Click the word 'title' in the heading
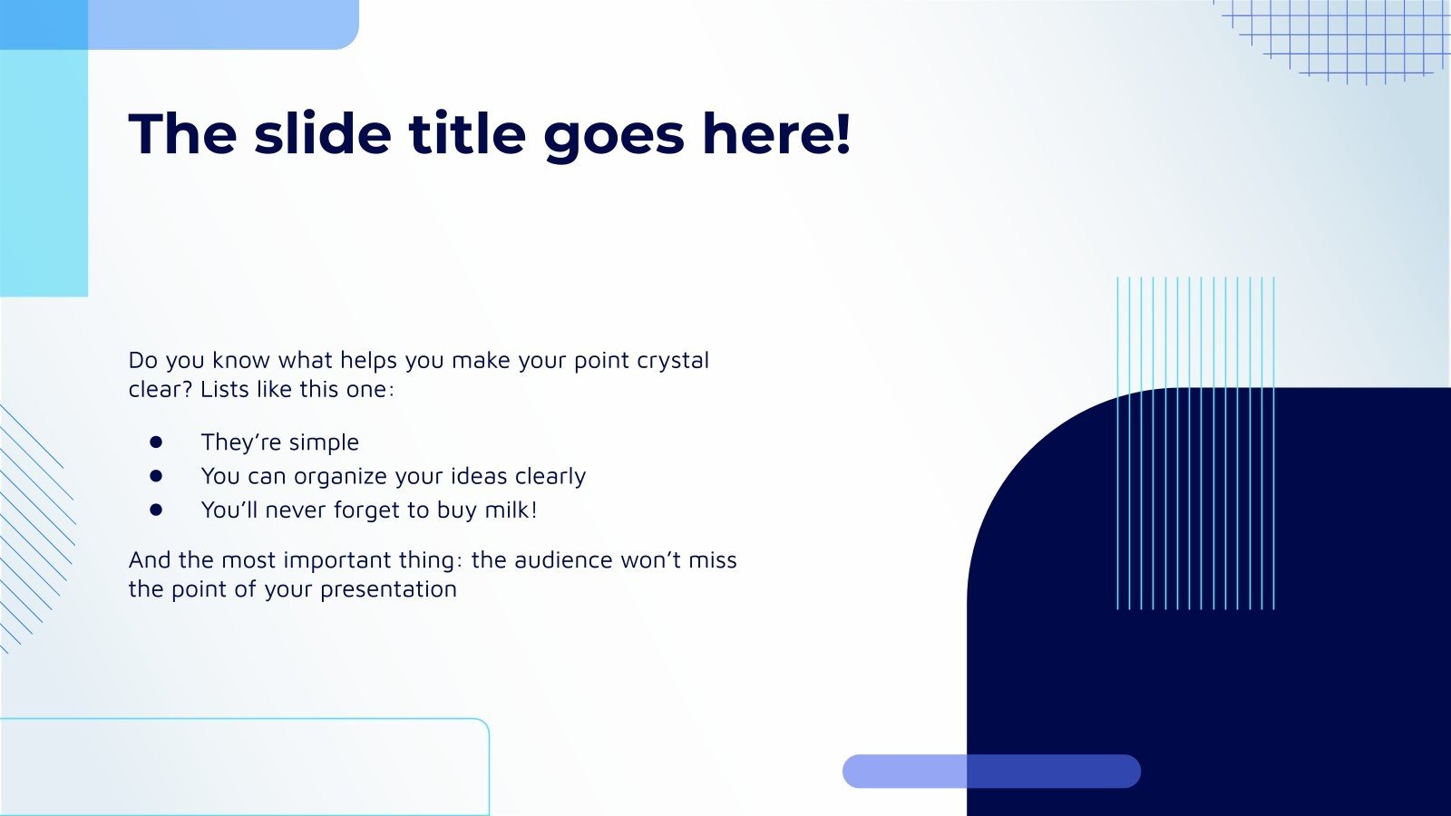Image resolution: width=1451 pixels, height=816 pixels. tap(466, 134)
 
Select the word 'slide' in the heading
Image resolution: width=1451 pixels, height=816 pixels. tap(323, 134)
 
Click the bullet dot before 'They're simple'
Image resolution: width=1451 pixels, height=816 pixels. tap(156, 442)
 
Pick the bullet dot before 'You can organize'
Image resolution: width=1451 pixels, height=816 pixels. tap(156, 475)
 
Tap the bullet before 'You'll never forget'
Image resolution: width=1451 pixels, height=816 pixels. tap(156, 510)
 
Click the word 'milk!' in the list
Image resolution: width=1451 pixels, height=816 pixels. tap(511, 510)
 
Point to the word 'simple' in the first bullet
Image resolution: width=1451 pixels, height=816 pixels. tap(324, 443)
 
